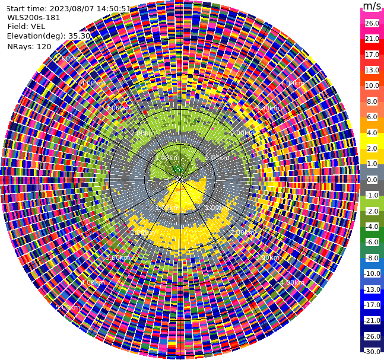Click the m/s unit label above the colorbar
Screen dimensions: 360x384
click(372, 7)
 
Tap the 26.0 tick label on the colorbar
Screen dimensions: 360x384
click(372, 23)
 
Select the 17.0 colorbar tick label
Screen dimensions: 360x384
click(372, 55)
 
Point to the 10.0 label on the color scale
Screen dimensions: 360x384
click(372, 86)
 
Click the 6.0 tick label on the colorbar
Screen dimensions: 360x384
click(372, 117)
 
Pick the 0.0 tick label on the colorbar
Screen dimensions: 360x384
click(372, 180)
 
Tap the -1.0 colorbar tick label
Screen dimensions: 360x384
click(372, 195)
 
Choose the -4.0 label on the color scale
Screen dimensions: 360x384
click(372, 227)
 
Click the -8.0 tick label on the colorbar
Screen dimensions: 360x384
click(372, 258)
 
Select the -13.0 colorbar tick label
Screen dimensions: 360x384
click(372, 289)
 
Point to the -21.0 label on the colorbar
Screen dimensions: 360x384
click(372, 320)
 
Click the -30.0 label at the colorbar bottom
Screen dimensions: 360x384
click(372, 352)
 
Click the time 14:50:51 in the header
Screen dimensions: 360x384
click(114, 8)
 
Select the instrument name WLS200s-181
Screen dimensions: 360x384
click(34, 17)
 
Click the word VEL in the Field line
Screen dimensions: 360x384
click(37, 26)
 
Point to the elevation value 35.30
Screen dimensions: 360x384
click(80, 36)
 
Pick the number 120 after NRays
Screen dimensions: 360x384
click(44, 46)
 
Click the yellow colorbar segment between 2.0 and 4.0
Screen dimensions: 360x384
click(372, 141)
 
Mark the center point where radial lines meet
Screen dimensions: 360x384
click(179, 179)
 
